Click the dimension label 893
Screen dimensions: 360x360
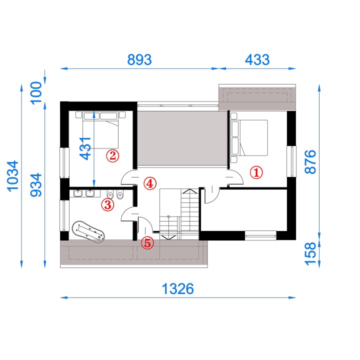(139, 59)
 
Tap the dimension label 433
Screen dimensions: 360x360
(257, 59)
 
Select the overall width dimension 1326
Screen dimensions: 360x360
(177, 289)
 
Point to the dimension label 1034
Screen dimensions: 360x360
(13, 176)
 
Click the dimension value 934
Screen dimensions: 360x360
(36, 185)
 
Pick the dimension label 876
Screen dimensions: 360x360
(310, 161)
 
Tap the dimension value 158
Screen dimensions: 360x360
(310, 253)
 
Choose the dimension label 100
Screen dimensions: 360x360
(36, 93)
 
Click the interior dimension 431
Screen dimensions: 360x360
(85, 148)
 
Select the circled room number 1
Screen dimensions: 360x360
(256, 172)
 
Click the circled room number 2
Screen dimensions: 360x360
(112, 155)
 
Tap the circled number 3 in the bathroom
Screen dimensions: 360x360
(107, 204)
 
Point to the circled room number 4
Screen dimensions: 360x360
(150, 183)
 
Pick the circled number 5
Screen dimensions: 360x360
(147, 243)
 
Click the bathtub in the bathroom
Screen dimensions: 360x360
(88, 231)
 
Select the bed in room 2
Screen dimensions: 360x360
(100, 130)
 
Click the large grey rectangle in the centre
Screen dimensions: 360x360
(182, 138)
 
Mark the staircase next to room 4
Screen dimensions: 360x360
(179, 214)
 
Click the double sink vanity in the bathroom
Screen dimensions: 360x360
(84, 193)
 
